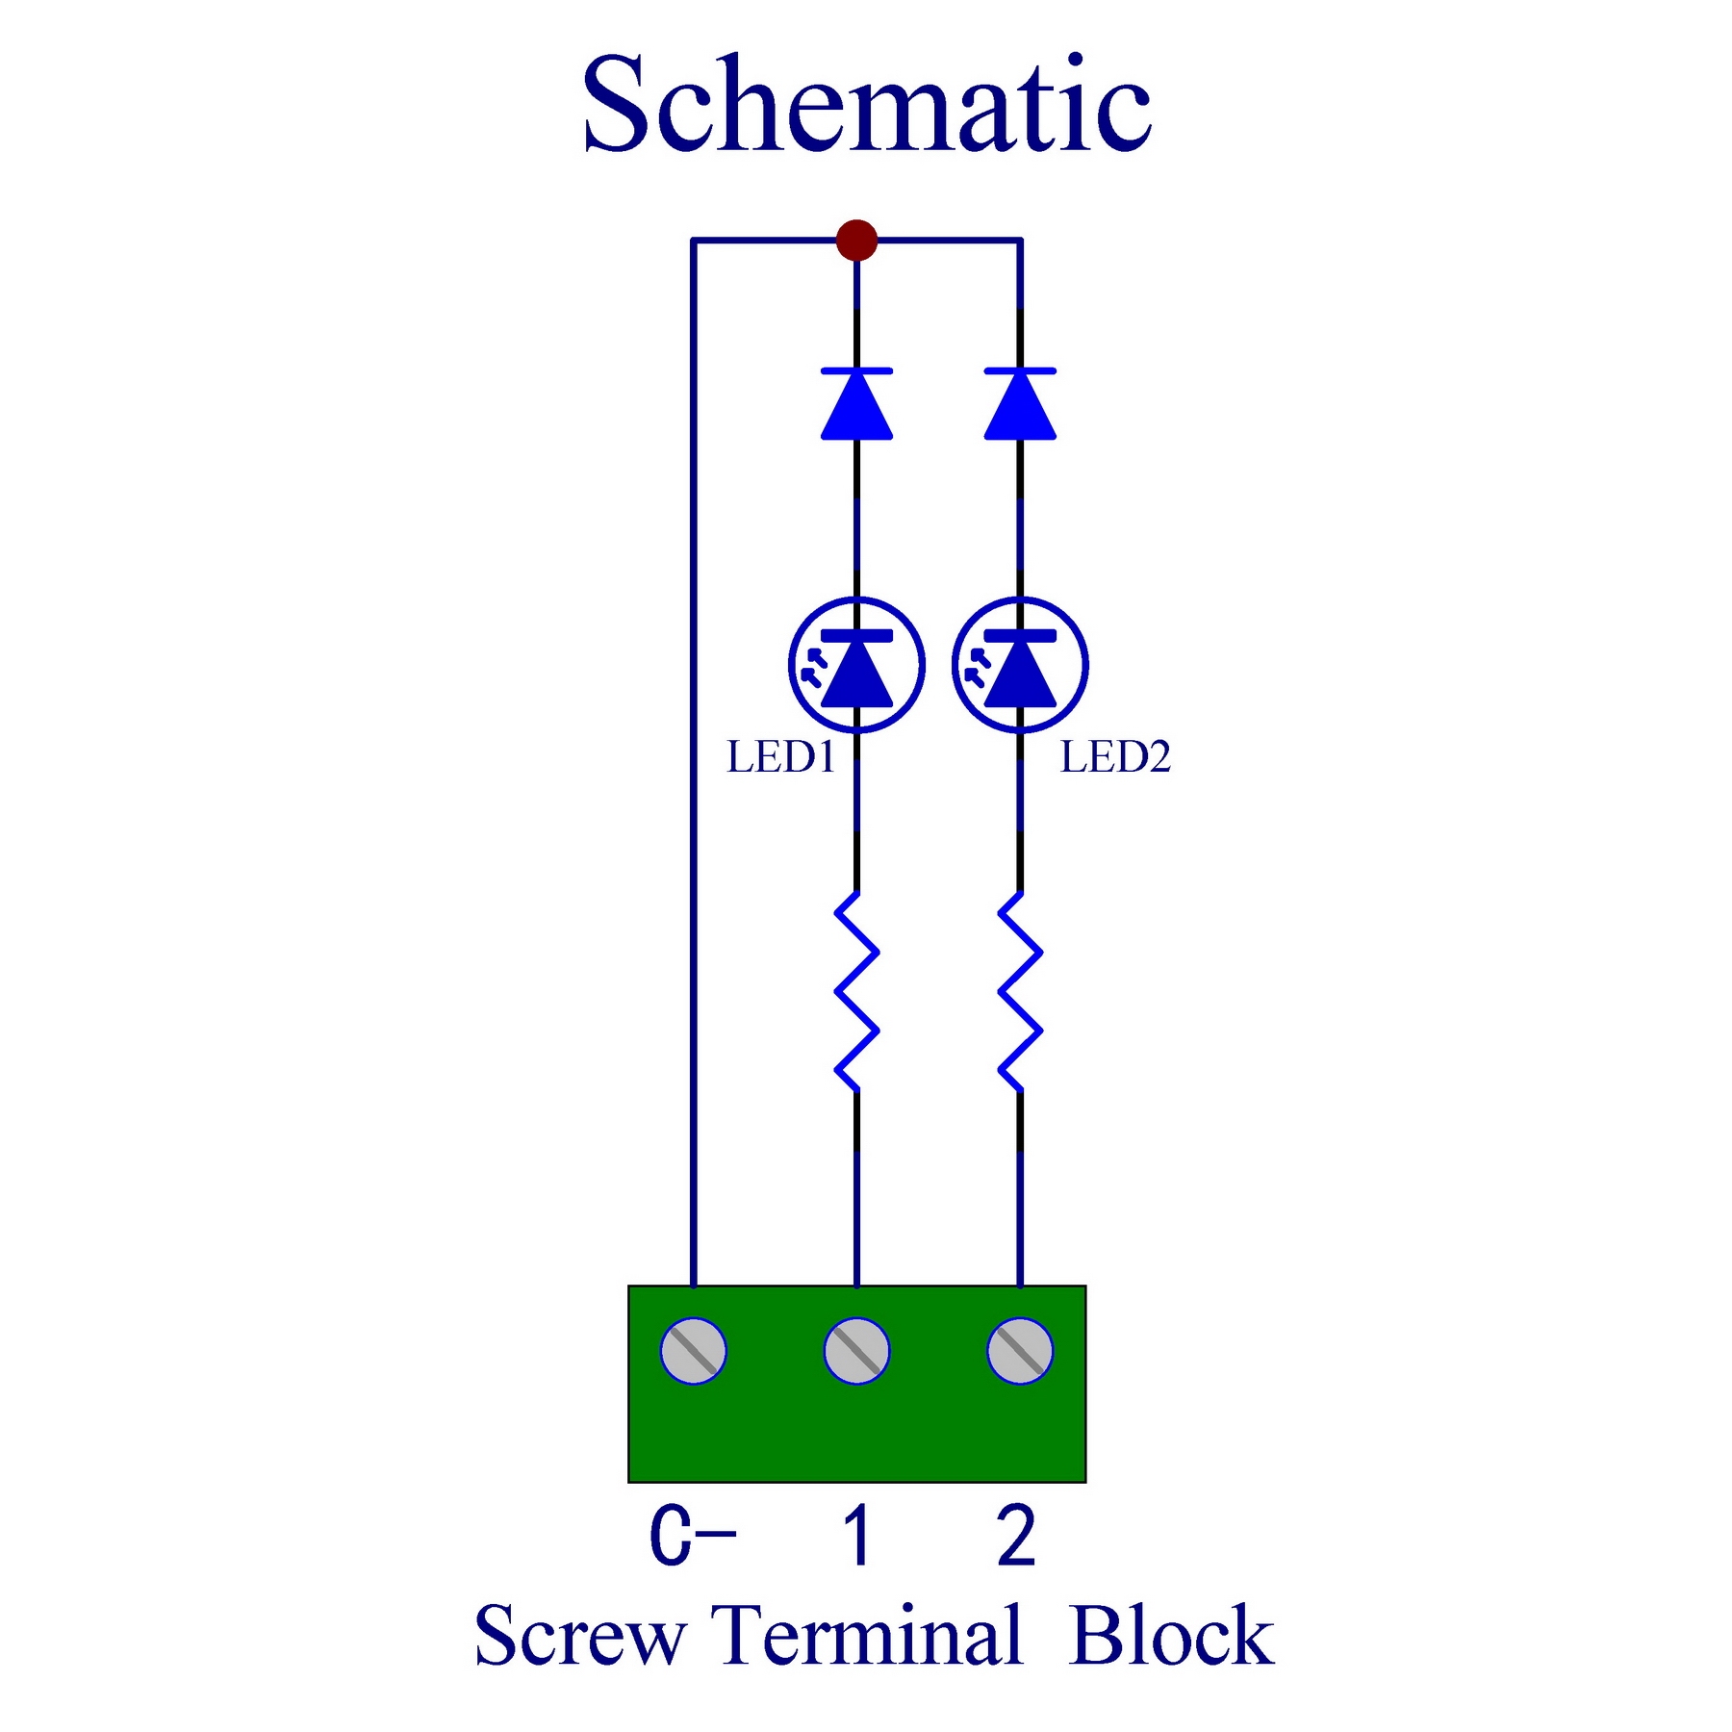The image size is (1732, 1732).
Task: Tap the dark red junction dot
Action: pos(856,240)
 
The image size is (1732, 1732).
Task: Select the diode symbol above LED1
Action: pos(856,404)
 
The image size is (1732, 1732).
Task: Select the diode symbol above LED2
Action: pos(1020,404)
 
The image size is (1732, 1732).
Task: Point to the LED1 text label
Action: pos(780,757)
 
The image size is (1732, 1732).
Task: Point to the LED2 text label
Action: pos(1115,757)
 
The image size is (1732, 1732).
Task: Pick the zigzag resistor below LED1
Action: pos(856,992)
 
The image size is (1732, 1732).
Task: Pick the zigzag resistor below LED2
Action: pos(1020,992)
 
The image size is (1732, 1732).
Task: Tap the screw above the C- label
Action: pos(693,1351)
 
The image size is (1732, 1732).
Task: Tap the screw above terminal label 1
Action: pos(856,1351)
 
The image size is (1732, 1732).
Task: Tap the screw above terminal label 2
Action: pos(1020,1351)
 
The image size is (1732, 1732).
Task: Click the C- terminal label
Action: pos(693,1536)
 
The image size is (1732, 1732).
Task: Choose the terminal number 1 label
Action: pos(856,1536)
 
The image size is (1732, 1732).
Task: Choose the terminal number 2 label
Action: pos(1017,1536)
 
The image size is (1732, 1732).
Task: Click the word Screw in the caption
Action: pos(580,1637)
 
